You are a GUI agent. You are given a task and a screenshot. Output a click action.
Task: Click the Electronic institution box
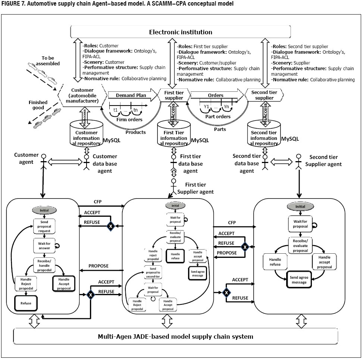(x=181, y=32)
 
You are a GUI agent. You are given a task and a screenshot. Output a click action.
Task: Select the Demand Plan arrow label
(x=125, y=96)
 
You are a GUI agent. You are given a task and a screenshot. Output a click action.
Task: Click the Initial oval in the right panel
(x=297, y=206)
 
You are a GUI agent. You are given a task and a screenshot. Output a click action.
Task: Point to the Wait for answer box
(x=44, y=246)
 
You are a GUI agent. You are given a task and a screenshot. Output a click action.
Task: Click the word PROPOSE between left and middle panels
(x=98, y=266)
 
